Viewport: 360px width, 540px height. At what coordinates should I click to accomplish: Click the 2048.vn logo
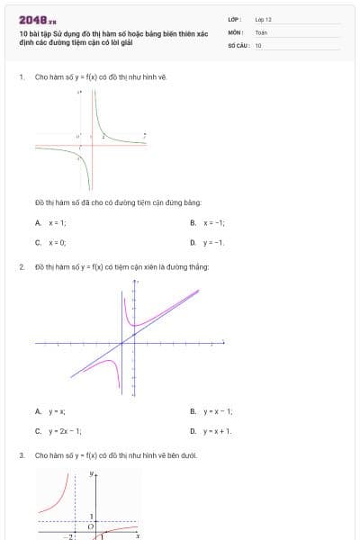click(38, 19)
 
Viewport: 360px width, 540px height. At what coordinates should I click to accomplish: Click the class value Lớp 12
click(263, 19)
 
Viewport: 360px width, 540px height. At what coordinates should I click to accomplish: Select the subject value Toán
click(261, 31)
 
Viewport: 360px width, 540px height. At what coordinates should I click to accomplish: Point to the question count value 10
click(258, 44)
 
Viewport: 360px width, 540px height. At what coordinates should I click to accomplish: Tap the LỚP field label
click(236, 19)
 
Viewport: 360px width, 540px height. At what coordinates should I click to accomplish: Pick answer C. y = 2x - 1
click(58, 431)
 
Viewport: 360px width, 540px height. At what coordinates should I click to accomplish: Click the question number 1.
click(21, 77)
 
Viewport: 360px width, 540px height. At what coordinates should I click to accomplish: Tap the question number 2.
click(21, 267)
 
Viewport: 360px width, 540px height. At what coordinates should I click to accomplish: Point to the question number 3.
click(21, 455)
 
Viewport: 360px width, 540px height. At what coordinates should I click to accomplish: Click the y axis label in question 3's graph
click(92, 472)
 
